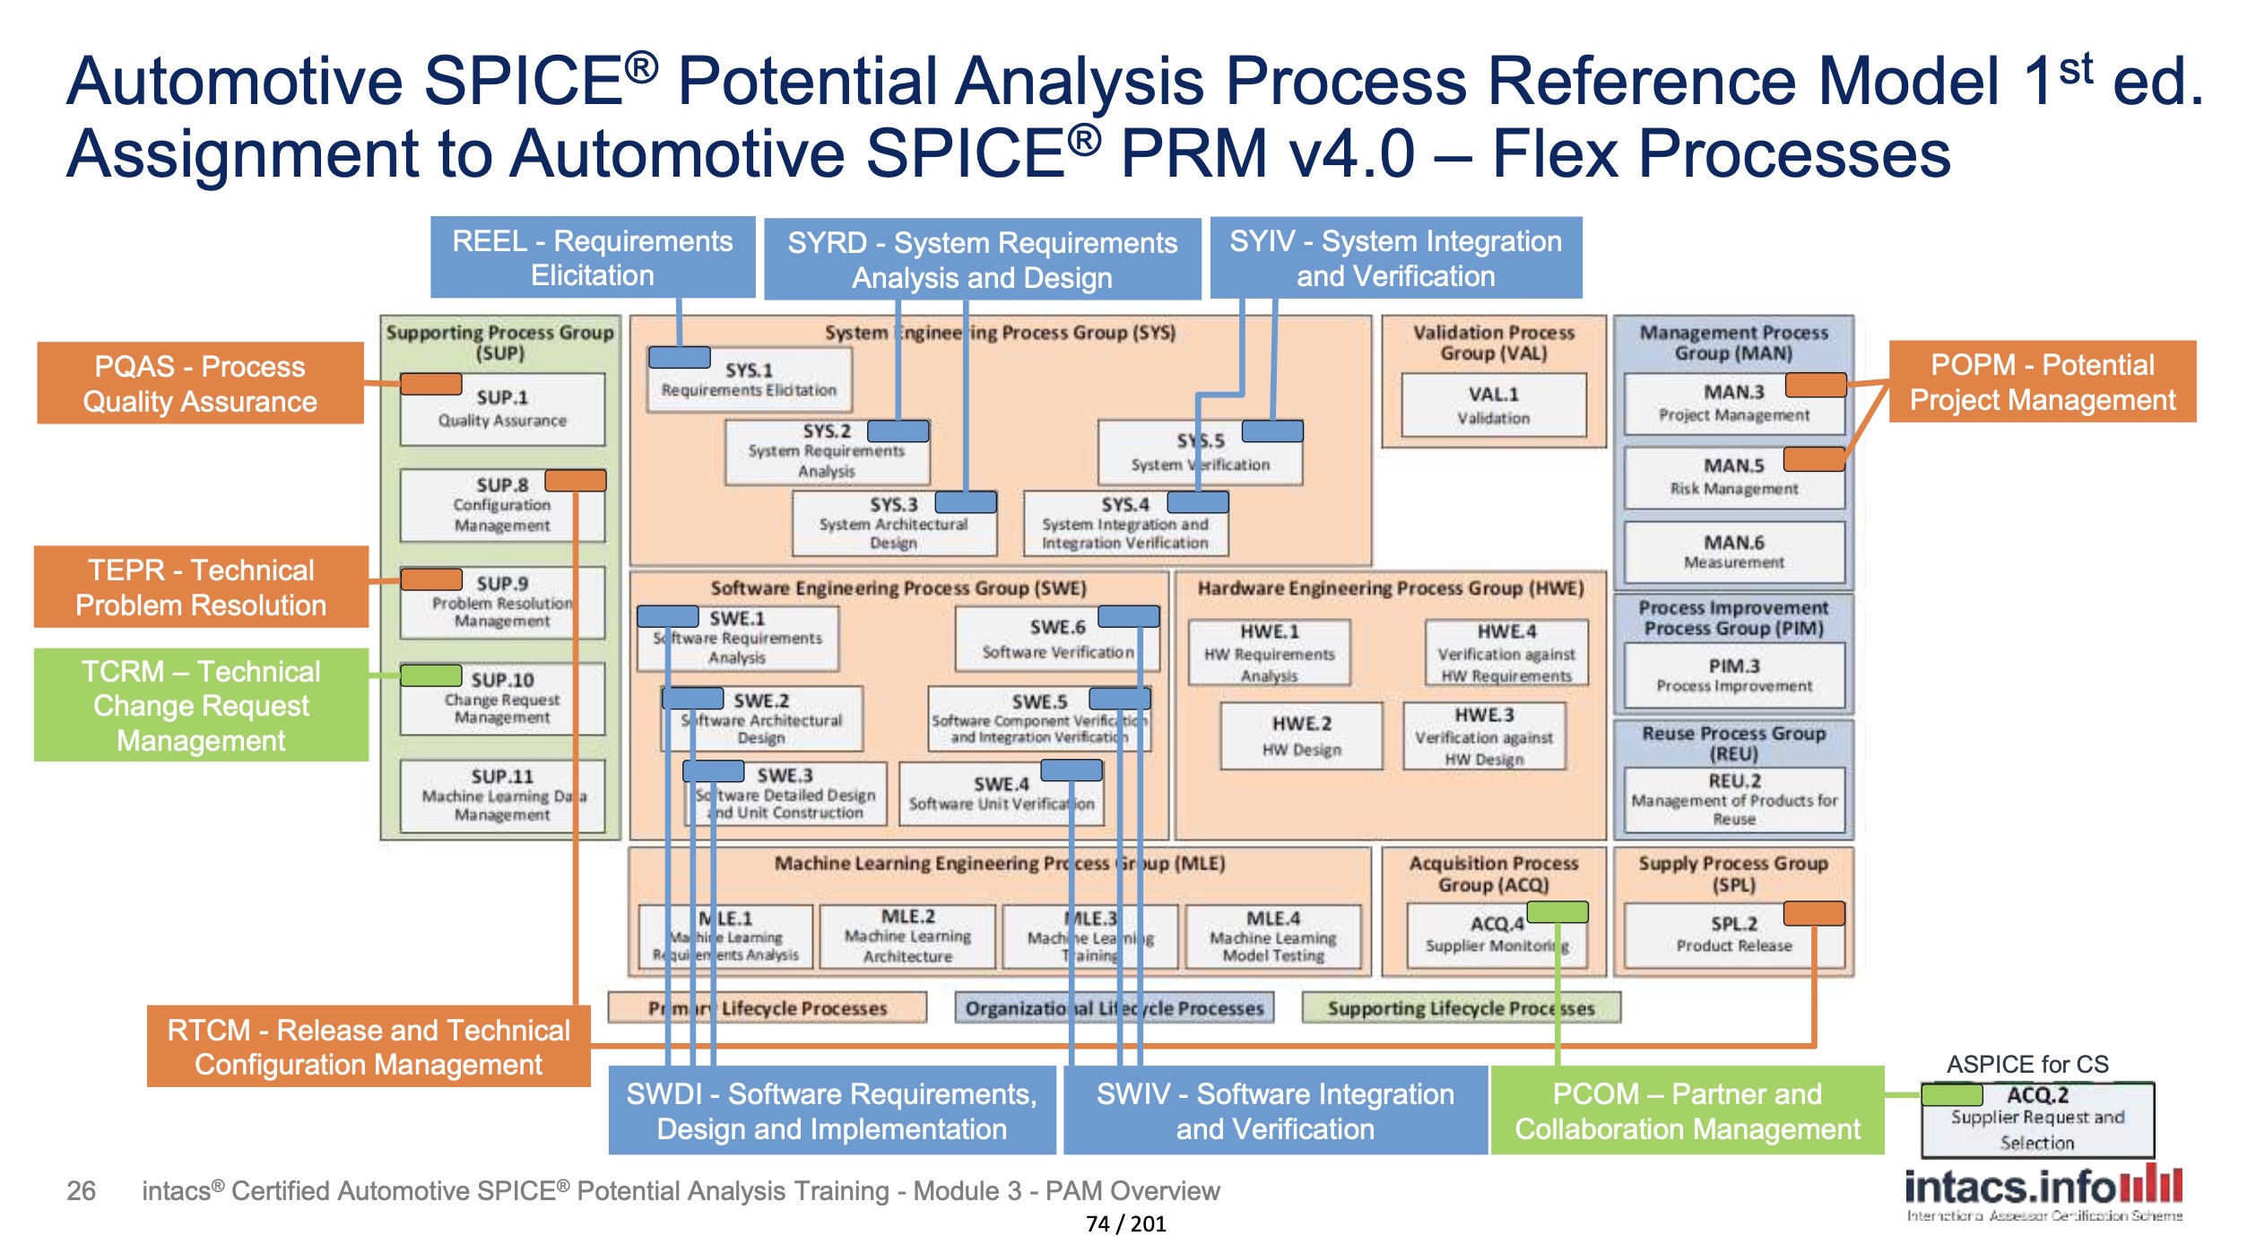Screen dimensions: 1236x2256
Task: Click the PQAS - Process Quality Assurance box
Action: coord(200,383)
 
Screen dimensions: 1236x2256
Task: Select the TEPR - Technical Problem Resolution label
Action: coord(201,587)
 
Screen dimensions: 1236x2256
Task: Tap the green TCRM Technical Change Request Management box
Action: coord(201,705)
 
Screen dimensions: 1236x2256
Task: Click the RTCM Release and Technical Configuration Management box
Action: coord(369,1046)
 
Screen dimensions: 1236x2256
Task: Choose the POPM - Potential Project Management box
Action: coord(2042,381)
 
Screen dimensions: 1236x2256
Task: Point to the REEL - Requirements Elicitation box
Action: coord(592,257)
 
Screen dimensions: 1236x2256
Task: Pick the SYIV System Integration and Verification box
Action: coord(1395,257)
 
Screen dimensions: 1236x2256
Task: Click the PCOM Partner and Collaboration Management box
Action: coord(1687,1110)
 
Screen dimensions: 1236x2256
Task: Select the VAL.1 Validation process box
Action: coord(1493,405)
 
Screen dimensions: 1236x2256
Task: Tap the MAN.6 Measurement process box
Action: coord(1733,552)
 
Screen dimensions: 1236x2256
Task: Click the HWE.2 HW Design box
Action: coord(1301,736)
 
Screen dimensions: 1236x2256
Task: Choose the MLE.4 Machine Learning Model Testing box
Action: coord(1272,936)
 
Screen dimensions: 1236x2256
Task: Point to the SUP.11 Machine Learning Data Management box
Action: coord(502,796)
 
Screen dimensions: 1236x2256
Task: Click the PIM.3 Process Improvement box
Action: coord(1733,675)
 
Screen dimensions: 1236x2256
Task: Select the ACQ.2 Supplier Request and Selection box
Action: coord(2036,1118)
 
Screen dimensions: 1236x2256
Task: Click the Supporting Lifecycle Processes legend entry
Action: coord(1461,1008)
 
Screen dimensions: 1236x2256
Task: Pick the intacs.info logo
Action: coord(2043,1189)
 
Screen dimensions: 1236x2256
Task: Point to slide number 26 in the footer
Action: coord(81,1190)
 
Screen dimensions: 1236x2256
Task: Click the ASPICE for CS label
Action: coord(2026,1065)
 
